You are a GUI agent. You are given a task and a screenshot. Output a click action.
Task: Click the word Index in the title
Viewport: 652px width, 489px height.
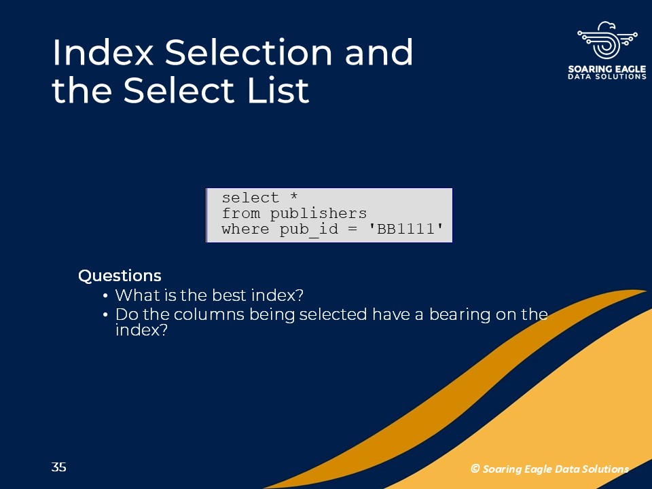click(x=103, y=52)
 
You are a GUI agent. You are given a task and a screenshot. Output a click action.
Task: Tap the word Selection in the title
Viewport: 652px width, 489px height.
click(x=249, y=52)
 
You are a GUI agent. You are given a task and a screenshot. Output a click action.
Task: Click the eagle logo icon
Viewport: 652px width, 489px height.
click(x=607, y=40)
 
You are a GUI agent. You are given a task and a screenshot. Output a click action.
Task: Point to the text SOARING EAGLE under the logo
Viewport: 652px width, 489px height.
click(x=607, y=69)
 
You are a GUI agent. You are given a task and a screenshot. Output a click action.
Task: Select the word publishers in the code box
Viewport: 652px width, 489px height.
click(x=318, y=213)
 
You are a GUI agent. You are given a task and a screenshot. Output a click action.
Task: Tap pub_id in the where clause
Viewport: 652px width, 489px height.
click(x=308, y=230)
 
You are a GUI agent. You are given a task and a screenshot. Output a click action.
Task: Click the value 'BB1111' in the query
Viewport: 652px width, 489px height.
click(x=405, y=229)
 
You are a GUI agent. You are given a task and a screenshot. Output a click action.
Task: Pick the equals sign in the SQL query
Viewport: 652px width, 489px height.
click(x=352, y=229)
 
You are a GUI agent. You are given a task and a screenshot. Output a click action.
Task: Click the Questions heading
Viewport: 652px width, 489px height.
click(x=120, y=276)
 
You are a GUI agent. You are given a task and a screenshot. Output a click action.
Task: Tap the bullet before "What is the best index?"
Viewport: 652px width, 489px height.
click(x=105, y=295)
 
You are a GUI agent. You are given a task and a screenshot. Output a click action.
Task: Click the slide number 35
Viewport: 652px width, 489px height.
click(x=58, y=467)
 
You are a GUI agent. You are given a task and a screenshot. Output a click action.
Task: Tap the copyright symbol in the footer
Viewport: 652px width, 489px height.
click(x=475, y=469)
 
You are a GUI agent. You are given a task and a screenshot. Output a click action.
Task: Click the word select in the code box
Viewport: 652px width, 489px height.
click(x=251, y=198)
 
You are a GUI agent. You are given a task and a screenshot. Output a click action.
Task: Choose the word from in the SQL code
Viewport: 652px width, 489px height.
click(x=241, y=213)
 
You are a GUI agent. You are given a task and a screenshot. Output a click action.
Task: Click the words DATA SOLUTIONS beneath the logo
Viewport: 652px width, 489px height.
click(x=607, y=77)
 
